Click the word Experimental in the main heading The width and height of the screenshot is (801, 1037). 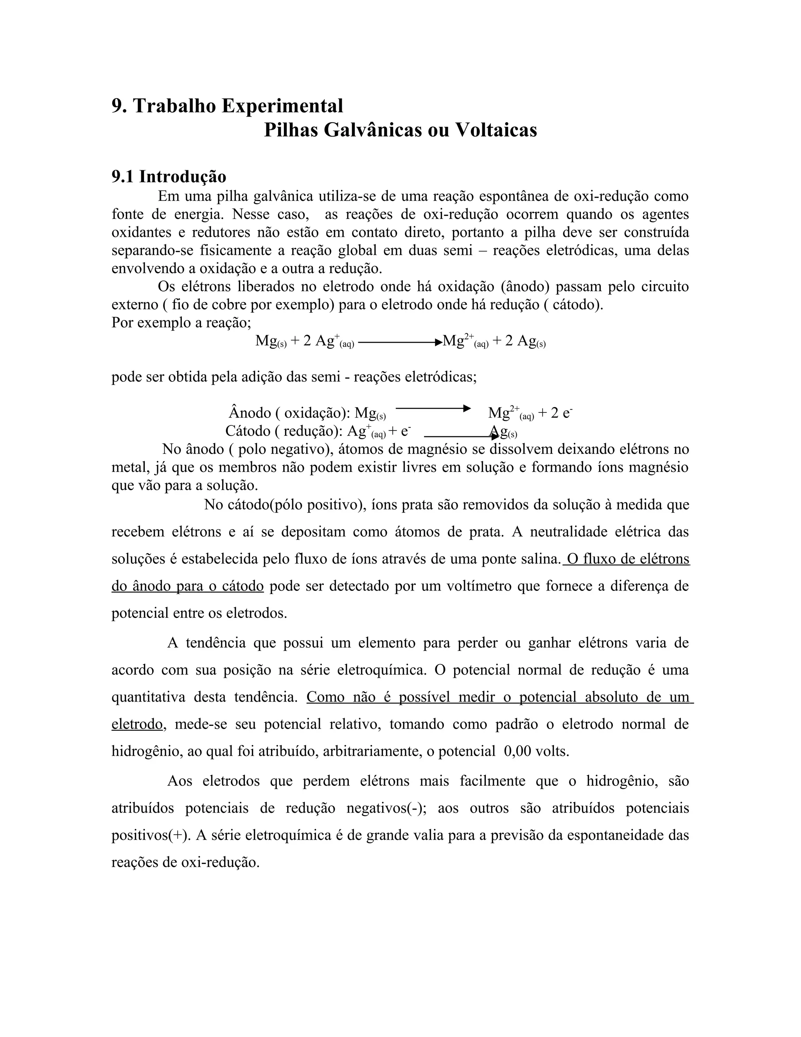point(282,106)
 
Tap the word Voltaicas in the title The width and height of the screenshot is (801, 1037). point(496,130)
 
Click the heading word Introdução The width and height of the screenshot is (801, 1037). point(183,176)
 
